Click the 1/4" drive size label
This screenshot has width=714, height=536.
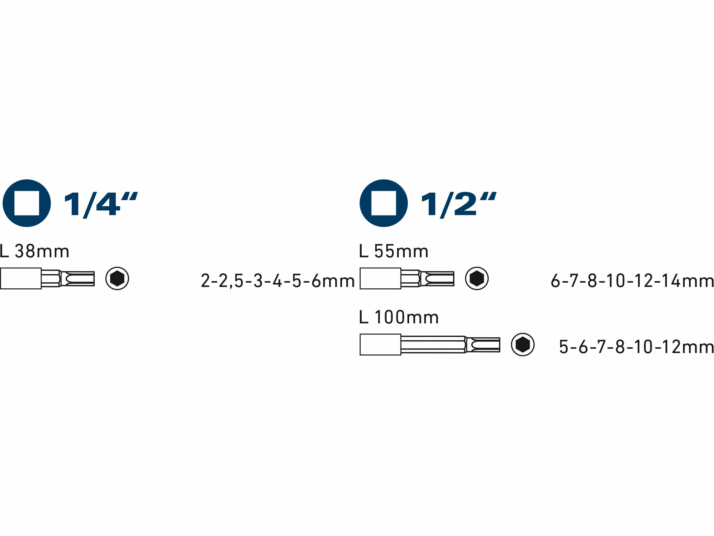[101, 204]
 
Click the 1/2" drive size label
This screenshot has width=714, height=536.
[459, 204]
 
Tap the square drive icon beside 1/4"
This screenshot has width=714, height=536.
[27, 203]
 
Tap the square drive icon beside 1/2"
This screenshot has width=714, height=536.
[384, 203]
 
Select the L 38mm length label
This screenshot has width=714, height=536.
[34, 251]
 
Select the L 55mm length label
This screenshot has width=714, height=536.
[394, 251]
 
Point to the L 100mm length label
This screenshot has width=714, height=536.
[399, 317]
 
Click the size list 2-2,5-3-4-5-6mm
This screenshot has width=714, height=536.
[278, 281]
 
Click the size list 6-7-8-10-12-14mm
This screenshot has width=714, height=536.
[632, 281]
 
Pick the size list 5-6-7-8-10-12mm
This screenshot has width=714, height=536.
[637, 347]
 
